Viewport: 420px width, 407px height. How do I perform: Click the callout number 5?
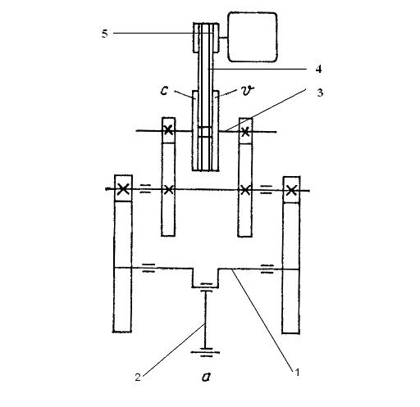[x=105, y=34]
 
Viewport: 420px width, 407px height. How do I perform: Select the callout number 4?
[x=318, y=69]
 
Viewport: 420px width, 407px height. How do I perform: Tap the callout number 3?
[x=320, y=93]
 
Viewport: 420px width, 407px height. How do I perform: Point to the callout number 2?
[x=138, y=377]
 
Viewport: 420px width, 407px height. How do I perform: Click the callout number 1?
[x=297, y=372]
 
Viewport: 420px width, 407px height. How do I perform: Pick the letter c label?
[x=164, y=90]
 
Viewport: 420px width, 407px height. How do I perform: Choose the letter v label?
[x=248, y=90]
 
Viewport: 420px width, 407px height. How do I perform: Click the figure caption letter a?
[x=206, y=377]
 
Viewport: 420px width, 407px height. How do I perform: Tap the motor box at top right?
[x=253, y=37]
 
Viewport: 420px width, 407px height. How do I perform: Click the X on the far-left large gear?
[x=123, y=188]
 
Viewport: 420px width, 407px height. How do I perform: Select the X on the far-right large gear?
[x=291, y=190]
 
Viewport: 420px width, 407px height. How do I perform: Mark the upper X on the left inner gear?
[x=168, y=130]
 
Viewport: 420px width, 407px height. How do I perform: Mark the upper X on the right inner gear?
[x=245, y=132]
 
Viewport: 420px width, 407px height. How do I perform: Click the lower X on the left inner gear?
[x=168, y=189]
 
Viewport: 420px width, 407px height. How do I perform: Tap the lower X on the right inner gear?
[x=245, y=190]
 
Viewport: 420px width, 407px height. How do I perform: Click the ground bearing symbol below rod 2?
[x=205, y=352]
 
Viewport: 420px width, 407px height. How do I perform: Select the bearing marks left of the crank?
[x=148, y=268]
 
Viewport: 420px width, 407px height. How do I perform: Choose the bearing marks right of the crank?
[x=267, y=269]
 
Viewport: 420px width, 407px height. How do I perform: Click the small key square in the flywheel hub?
[x=205, y=132]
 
